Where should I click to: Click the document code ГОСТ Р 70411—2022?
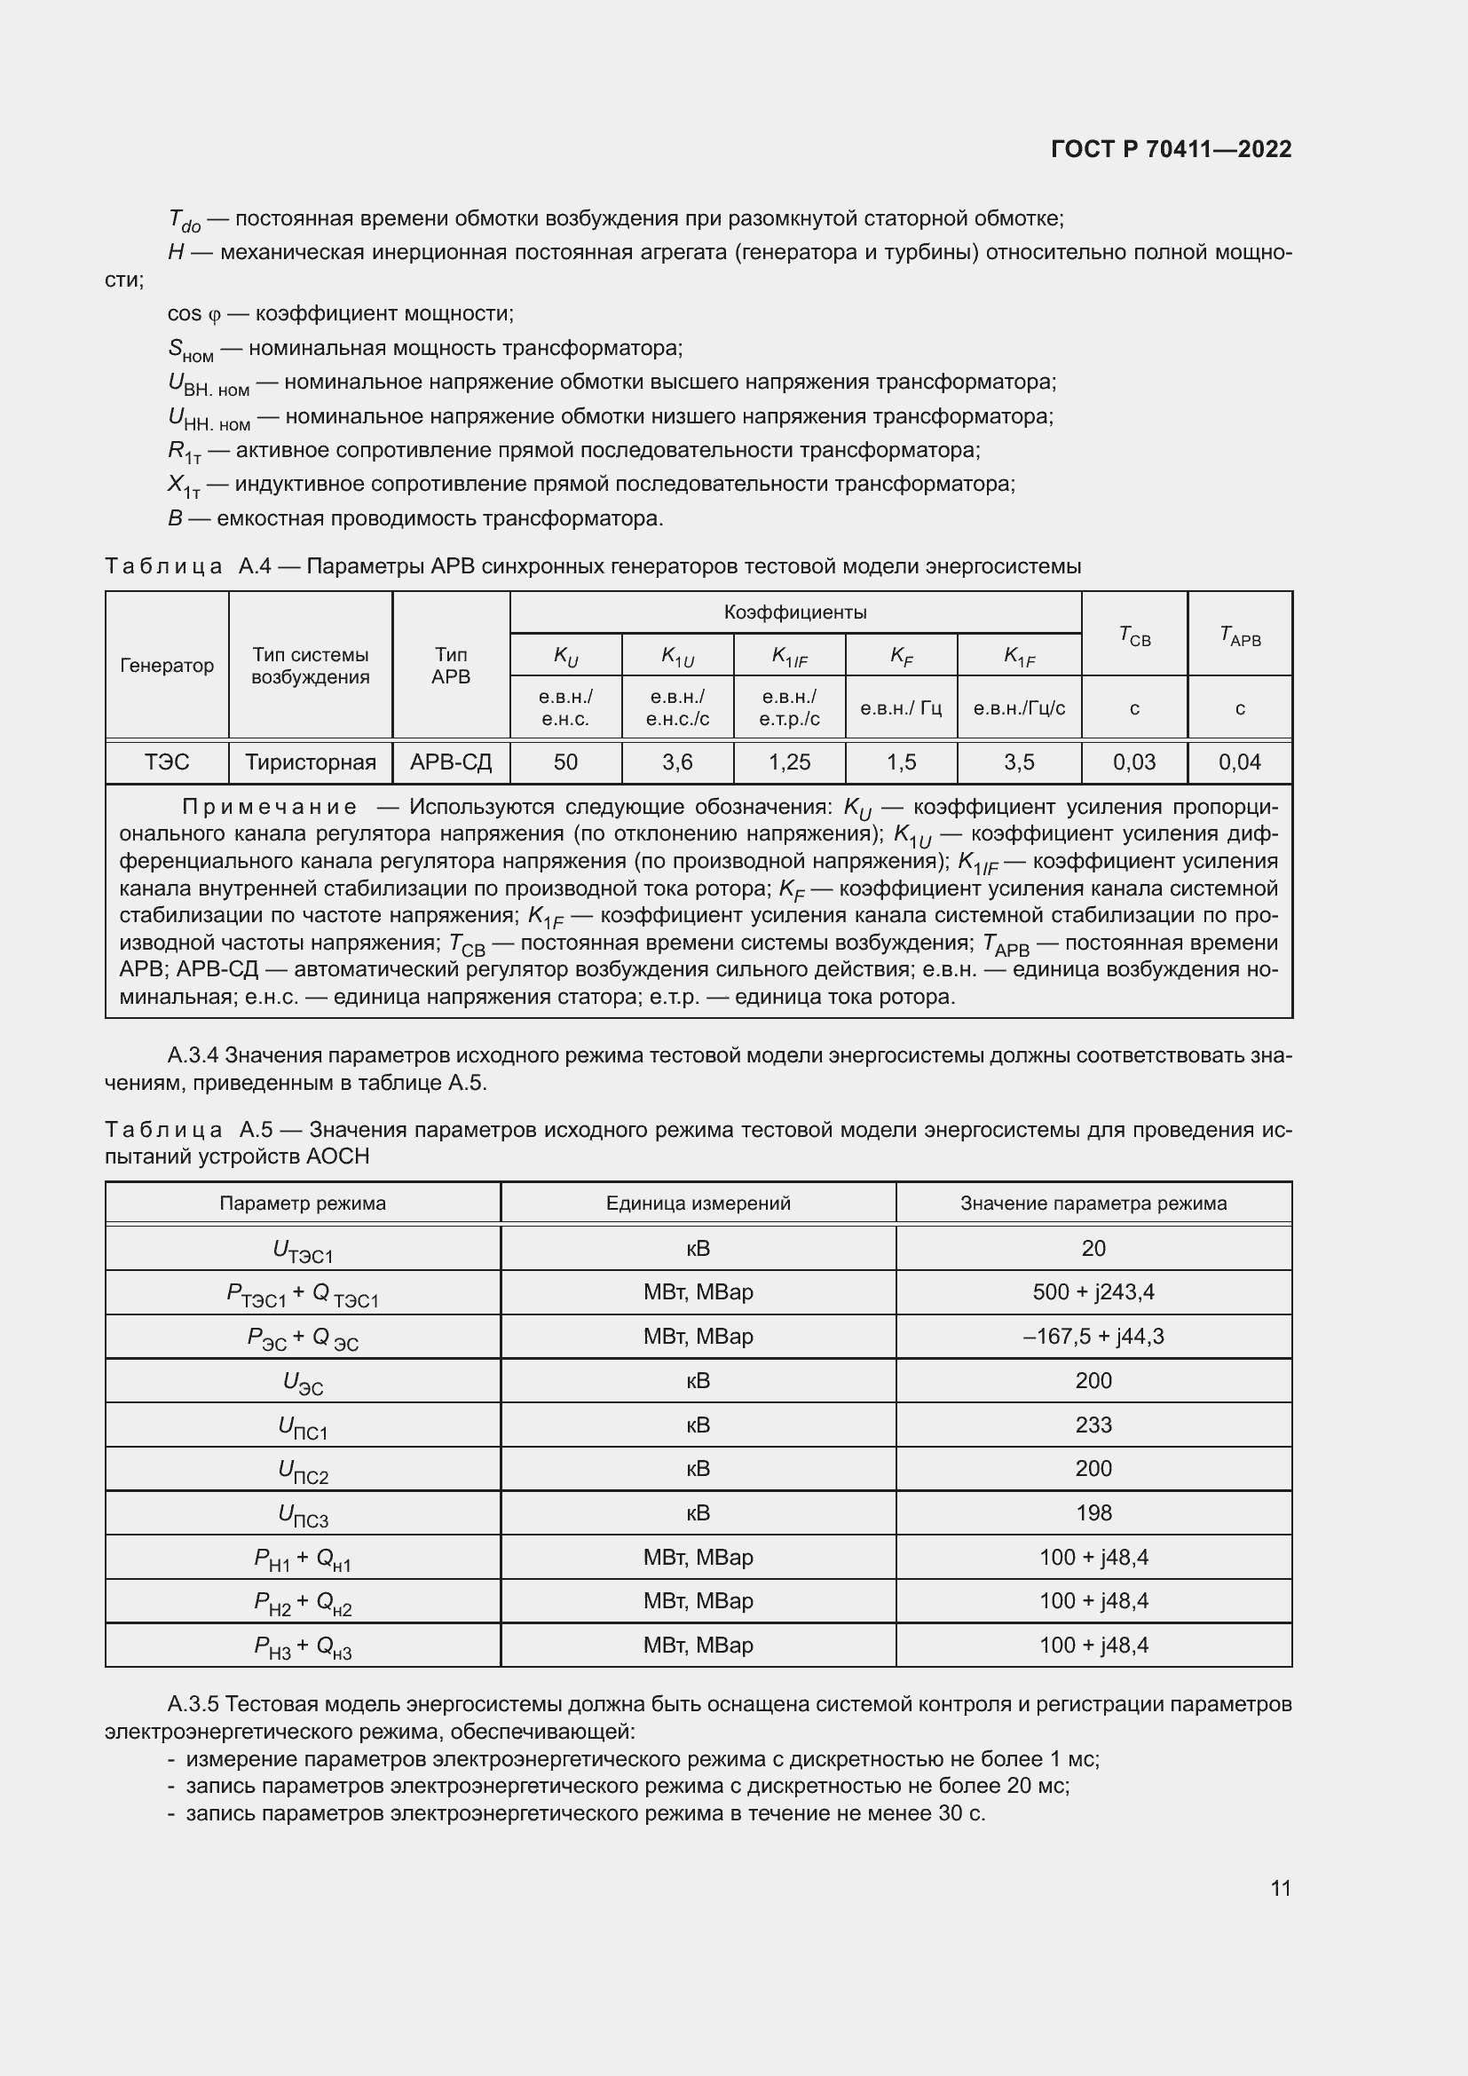pos(1171,149)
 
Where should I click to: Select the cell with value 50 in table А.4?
pos(565,762)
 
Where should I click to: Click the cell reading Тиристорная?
pos(310,762)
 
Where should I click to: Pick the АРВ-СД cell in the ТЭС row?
pos(450,762)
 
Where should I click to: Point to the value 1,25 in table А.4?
pos(789,762)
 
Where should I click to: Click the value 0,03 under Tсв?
pos(1133,762)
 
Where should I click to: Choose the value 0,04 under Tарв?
pos(1239,762)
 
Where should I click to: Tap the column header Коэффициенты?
pos(794,612)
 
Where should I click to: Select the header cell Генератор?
pos(166,666)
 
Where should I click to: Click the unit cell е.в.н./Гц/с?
pos(1019,708)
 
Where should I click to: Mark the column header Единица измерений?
pos(698,1204)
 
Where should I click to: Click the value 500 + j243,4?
pos(1093,1292)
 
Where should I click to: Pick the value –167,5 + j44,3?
pos(1093,1337)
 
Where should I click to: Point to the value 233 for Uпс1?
pos(1093,1425)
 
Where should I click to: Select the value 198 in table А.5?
pos(1093,1512)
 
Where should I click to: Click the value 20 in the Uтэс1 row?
pos(1093,1249)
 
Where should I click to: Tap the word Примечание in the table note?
pos(268,807)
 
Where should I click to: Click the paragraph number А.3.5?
pos(193,1704)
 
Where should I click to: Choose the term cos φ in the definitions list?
pos(193,313)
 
